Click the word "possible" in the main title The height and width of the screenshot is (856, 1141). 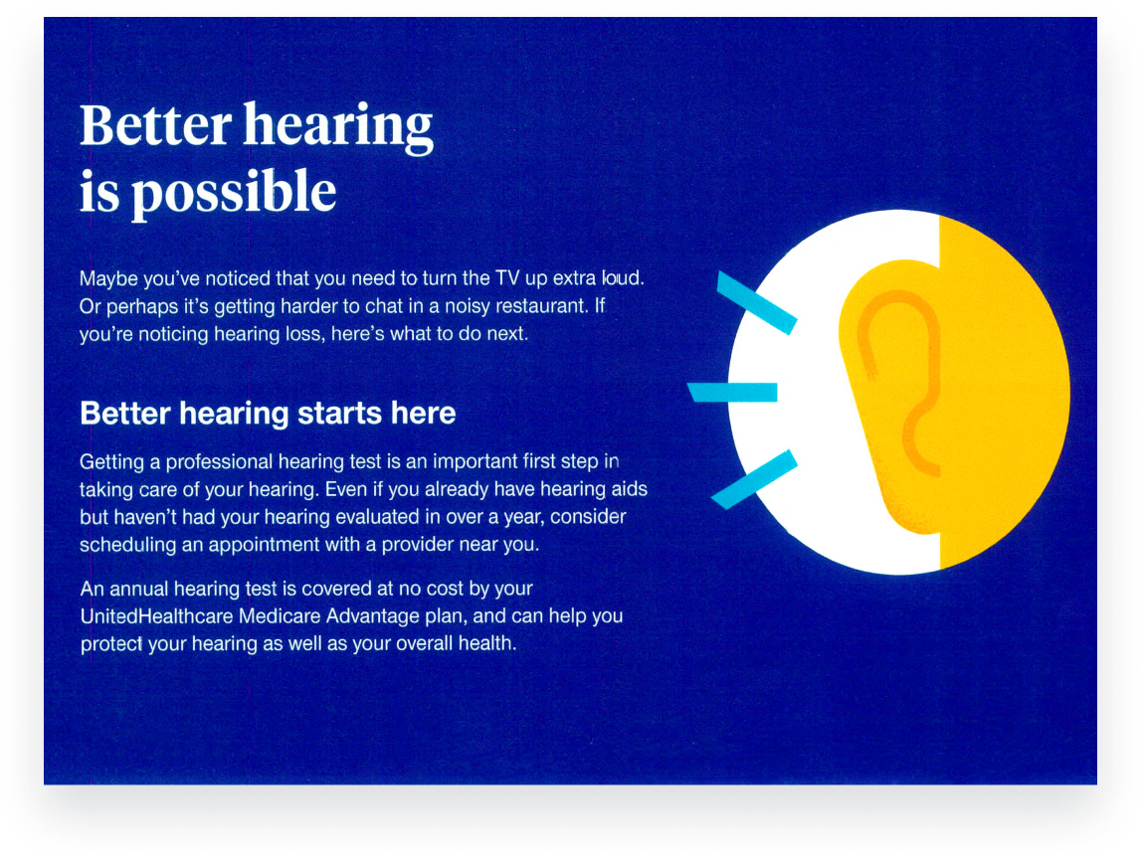coord(235,193)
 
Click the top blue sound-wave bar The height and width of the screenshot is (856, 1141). coord(757,302)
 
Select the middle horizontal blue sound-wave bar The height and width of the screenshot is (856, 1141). coord(733,392)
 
